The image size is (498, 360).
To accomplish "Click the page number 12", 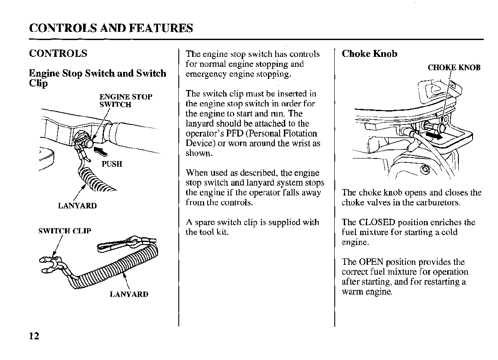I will click(34, 336).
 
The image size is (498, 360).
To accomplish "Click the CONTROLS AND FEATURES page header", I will click(111, 28).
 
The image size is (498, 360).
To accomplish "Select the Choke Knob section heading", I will click(369, 54).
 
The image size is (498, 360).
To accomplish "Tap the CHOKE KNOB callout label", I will click(454, 68).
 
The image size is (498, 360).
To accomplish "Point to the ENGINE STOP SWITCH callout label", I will click(125, 100).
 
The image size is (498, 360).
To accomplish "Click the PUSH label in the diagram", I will click(112, 164).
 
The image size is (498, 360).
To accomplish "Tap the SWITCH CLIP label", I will click(65, 231).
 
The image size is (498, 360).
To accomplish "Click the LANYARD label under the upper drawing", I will click(78, 206).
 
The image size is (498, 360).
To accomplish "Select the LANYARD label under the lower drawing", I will click(129, 295).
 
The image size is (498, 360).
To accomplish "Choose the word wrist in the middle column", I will click(302, 143).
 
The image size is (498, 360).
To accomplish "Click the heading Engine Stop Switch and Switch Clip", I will click(97, 78).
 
